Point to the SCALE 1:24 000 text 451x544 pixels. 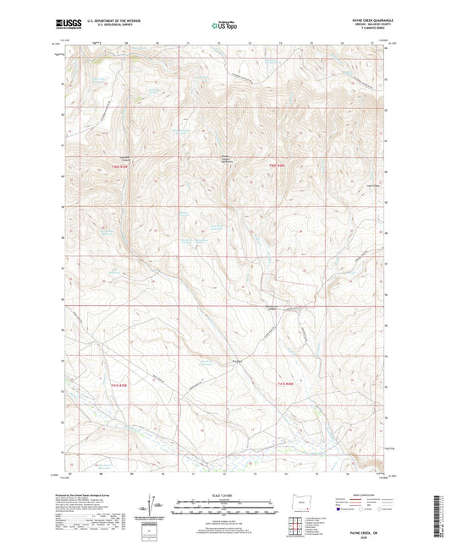click(224, 494)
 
